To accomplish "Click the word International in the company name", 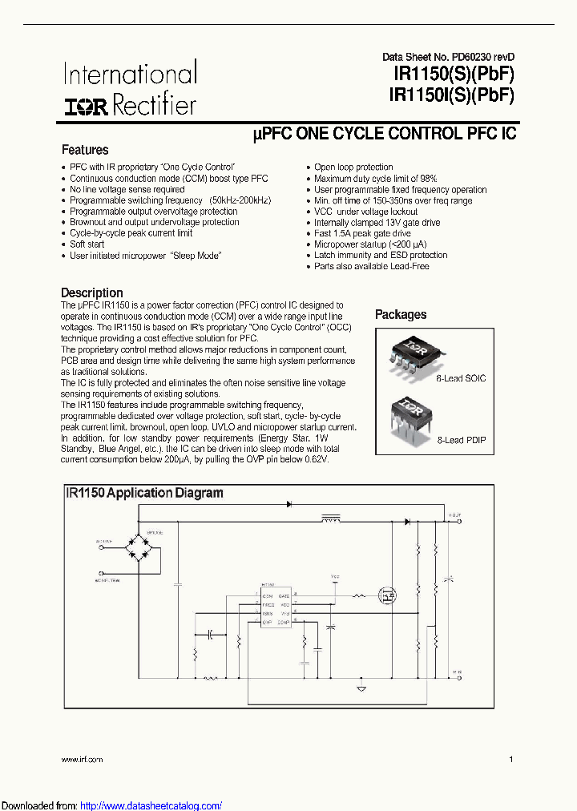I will click(x=130, y=75).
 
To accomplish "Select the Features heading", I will click(x=85, y=150).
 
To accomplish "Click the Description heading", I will click(x=92, y=293).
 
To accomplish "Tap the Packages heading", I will click(x=401, y=315).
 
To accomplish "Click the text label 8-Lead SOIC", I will click(x=461, y=377).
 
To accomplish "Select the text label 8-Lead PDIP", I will click(x=461, y=440).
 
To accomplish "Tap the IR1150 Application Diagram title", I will click(x=145, y=493).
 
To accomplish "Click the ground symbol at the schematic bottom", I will click(x=361, y=688).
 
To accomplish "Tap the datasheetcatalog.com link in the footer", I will click(x=151, y=805).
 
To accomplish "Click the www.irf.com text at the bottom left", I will click(x=83, y=758).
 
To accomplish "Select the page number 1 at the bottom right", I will click(x=510, y=758).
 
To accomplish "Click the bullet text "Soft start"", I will click(x=87, y=244).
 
